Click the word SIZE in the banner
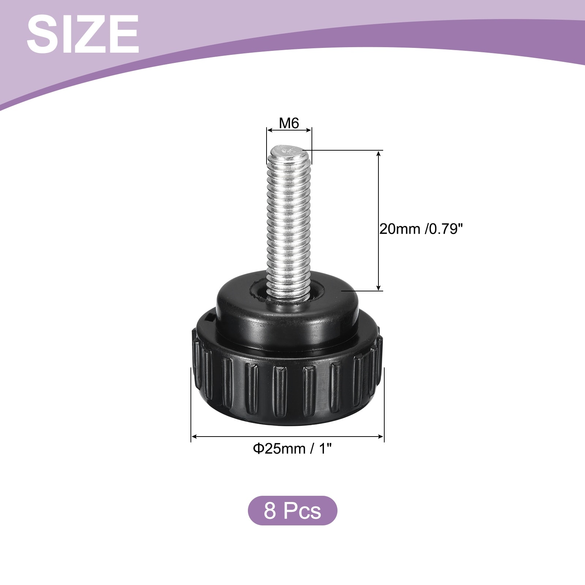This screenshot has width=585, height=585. (x=83, y=35)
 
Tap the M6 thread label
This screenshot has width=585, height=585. (x=289, y=124)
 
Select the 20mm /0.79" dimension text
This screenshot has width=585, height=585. (x=421, y=229)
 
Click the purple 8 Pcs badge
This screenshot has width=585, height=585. (x=292, y=510)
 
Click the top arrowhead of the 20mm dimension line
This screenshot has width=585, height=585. (x=379, y=153)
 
